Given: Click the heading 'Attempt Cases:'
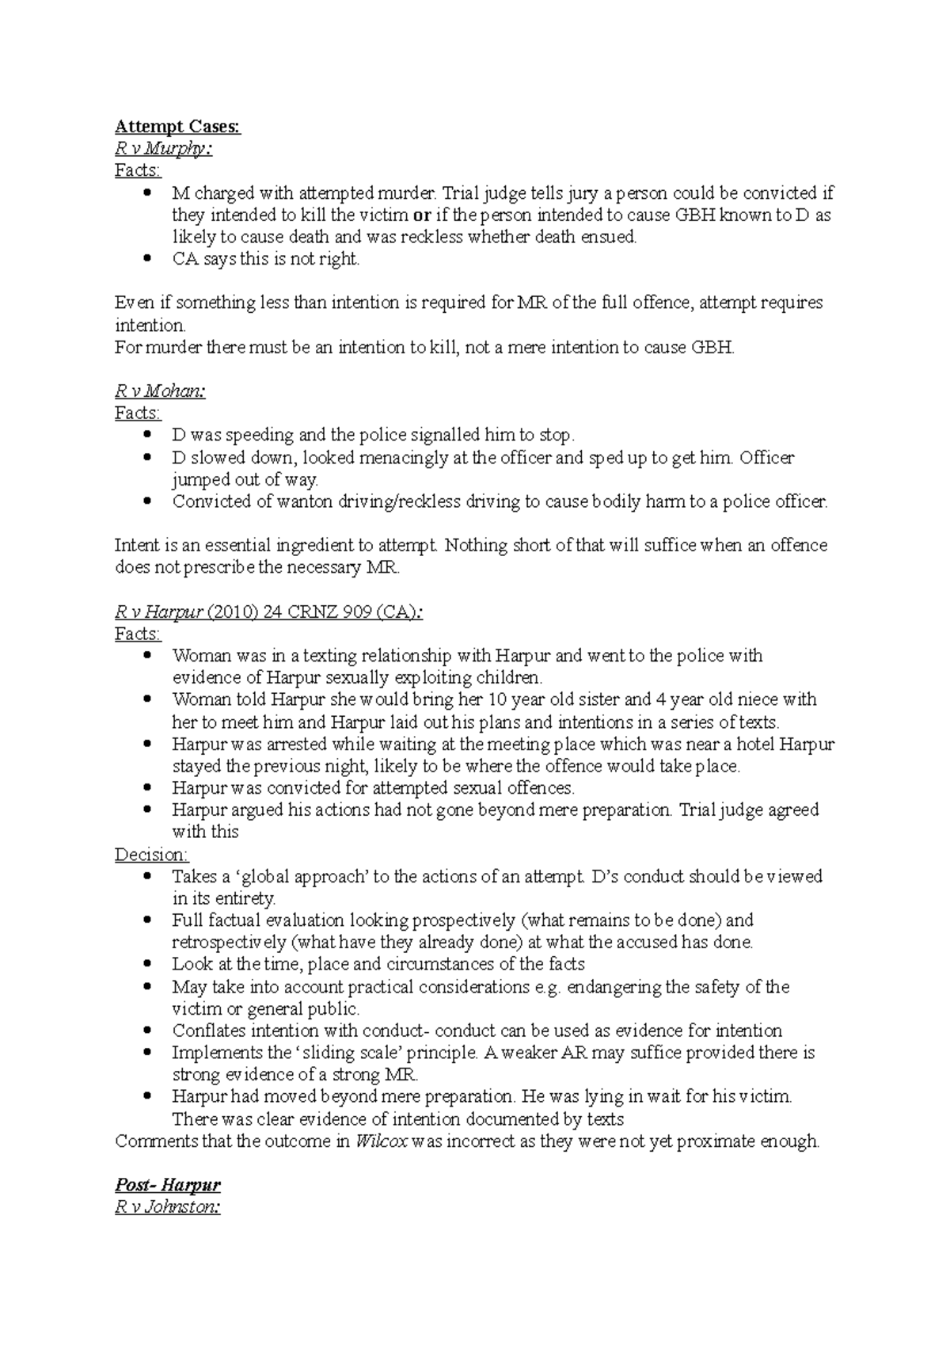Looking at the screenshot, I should click(177, 127).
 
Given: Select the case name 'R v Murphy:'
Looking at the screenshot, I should click(163, 149).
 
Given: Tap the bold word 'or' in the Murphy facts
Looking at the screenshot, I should click(423, 215).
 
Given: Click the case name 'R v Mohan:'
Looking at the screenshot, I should click(160, 391).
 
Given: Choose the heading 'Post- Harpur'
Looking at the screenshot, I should click(168, 1185).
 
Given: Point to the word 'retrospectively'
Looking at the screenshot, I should click(228, 943).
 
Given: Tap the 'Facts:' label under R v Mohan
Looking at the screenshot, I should click(138, 413).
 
